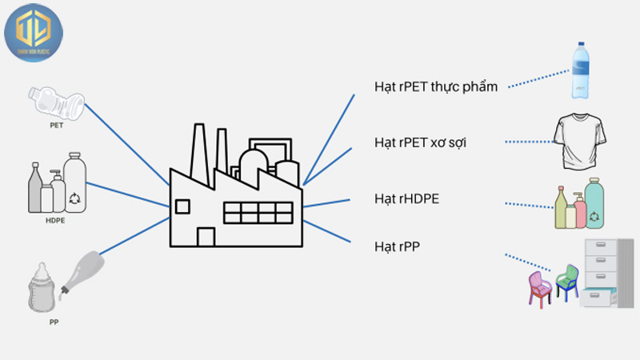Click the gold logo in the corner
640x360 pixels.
[x=33, y=32]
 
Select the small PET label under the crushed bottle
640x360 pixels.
[x=56, y=126]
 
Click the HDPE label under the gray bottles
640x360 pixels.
[x=55, y=220]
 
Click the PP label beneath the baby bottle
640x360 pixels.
[x=54, y=322]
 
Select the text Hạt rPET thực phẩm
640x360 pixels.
[x=436, y=86]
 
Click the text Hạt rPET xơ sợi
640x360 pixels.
[x=421, y=142]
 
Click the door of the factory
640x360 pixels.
[x=206, y=237]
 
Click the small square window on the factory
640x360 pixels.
[x=182, y=206]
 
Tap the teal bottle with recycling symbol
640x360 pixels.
[x=593, y=204]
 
